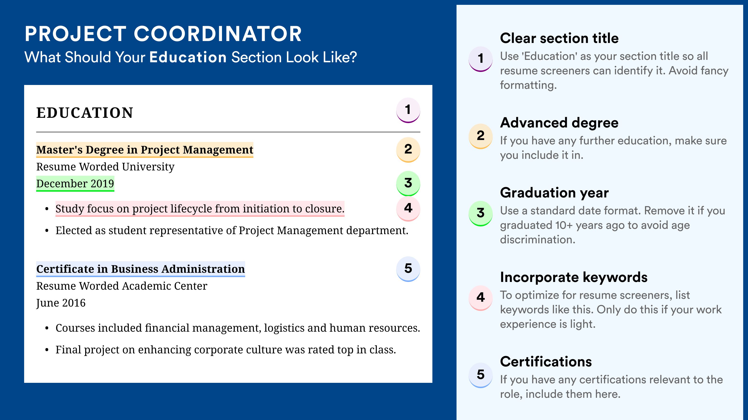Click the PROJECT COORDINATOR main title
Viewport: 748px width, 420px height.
pos(163,34)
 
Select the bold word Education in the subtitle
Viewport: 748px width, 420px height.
pos(188,57)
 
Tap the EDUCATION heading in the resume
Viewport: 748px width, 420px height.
pos(84,113)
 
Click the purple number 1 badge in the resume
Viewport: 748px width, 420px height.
pos(408,110)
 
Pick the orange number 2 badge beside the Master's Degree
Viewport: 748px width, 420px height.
pos(408,150)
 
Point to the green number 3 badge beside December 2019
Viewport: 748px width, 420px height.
pos(408,183)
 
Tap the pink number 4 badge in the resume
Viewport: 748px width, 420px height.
pos(408,208)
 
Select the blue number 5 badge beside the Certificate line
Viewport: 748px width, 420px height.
pos(408,269)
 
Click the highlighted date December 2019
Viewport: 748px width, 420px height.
pos(75,183)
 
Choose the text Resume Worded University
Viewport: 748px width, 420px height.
pos(105,167)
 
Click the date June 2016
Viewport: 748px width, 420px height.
pos(61,303)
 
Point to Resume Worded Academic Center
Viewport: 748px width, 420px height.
pos(122,286)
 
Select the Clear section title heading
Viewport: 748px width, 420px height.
pos(559,38)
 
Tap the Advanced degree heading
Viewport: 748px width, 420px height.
pos(559,123)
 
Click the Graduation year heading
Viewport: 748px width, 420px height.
pos(554,193)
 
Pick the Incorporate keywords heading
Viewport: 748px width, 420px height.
pos(574,277)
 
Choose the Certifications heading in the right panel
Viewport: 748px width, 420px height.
pos(546,362)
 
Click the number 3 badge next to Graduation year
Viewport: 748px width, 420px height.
pos(481,213)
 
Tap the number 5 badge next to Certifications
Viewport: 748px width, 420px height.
pos(481,375)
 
